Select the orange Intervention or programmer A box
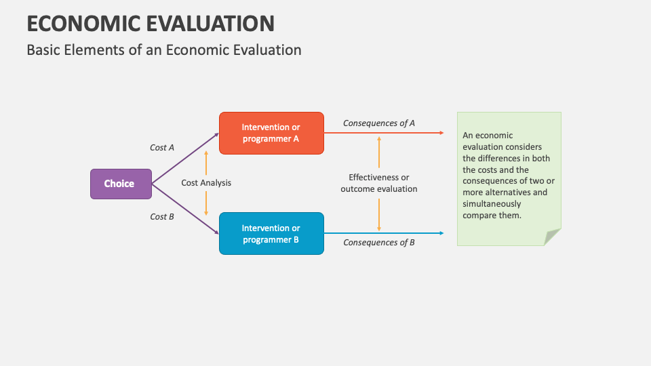pos(271,133)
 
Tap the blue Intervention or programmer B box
pos(271,233)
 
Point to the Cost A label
pos(162,147)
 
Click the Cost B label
pos(162,217)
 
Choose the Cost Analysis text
pos(206,183)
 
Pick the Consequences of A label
pos(378,123)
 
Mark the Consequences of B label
pos(378,242)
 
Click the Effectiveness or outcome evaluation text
pos(378,183)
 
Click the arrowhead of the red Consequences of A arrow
pos(441,133)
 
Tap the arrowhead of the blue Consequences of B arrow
pos(441,233)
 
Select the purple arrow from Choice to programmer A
pos(184,159)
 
